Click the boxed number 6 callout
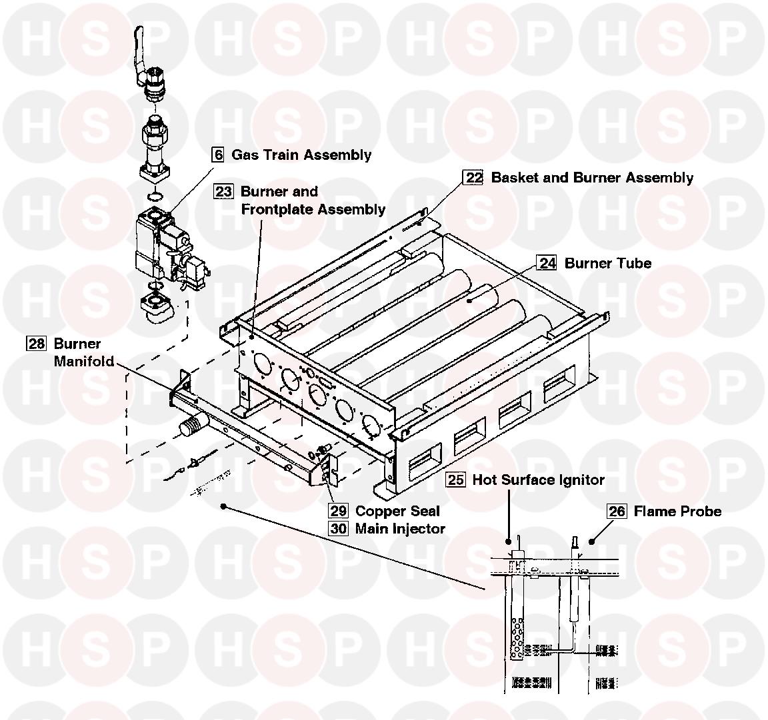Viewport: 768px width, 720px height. (218, 155)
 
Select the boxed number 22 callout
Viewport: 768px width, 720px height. (473, 178)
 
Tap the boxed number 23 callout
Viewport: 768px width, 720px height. (223, 192)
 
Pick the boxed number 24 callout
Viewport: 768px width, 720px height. (547, 263)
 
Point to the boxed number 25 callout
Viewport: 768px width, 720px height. (456, 480)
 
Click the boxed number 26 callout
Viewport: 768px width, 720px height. (617, 512)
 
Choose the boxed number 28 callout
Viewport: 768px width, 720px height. (36, 344)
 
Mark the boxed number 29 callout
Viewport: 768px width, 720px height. (338, 512)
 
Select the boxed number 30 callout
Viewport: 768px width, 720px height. (338, 529)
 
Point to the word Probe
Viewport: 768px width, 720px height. (699, 512)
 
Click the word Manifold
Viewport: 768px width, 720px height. (83, 362)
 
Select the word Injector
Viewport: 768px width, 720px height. (419, 529)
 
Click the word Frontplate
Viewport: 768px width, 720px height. (275, 209)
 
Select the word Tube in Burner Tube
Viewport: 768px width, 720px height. (635, 263)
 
